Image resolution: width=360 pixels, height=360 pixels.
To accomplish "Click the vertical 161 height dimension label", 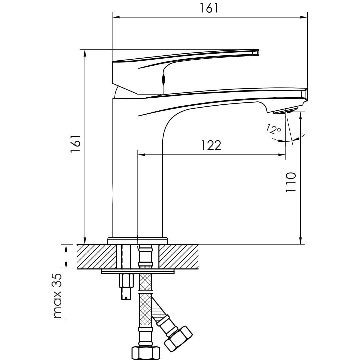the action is coord(76,143).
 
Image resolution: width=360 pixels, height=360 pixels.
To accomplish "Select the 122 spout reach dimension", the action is coord(211,145).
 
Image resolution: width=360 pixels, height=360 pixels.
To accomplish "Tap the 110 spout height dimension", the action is coord(291,182).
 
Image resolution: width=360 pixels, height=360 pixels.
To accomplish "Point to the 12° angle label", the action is coord(274,129).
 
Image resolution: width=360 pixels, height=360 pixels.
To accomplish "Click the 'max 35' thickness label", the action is coord(58,296).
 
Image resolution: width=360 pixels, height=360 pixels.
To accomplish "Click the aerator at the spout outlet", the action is coord(285,111).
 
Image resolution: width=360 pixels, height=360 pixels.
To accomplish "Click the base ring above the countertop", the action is coord(138,241).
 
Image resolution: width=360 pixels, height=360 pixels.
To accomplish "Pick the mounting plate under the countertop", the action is coord(138,271).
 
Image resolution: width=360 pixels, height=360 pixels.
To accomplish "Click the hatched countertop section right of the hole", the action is coord(179,256).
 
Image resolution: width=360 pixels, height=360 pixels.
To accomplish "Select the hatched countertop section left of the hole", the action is coord(96,256).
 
